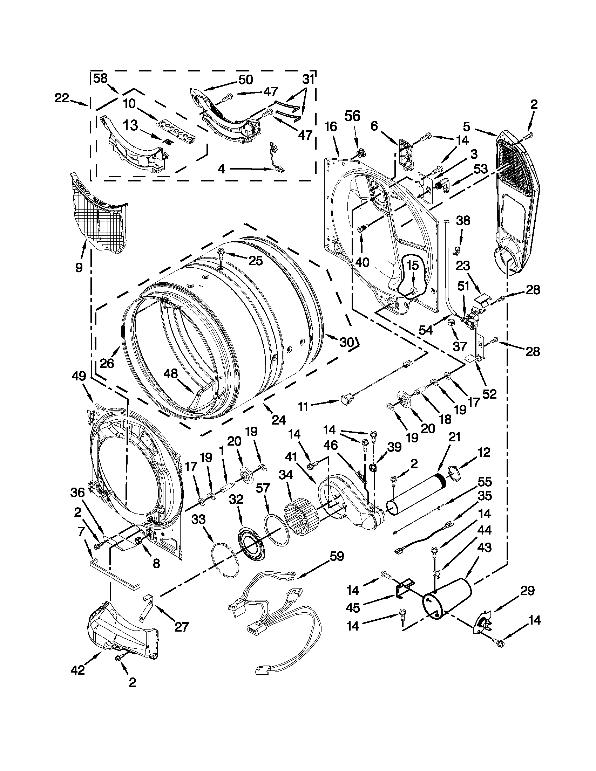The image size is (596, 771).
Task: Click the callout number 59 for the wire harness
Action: coord(336,557)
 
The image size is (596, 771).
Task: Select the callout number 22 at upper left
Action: coord(62,98)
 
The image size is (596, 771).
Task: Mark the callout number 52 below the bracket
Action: coord(489,393)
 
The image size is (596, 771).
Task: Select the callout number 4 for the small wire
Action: coord(221,170)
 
